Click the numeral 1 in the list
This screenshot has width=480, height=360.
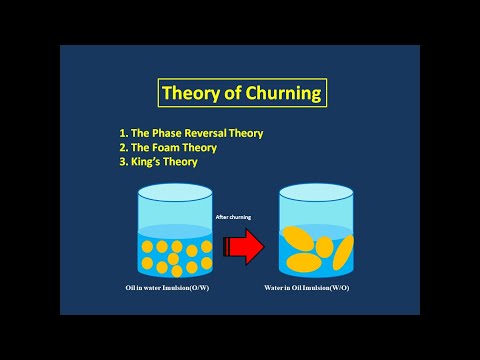click(122, 132)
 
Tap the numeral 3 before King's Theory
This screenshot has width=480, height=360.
click(122, 162)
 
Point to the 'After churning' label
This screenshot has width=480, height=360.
click(235, 215)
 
